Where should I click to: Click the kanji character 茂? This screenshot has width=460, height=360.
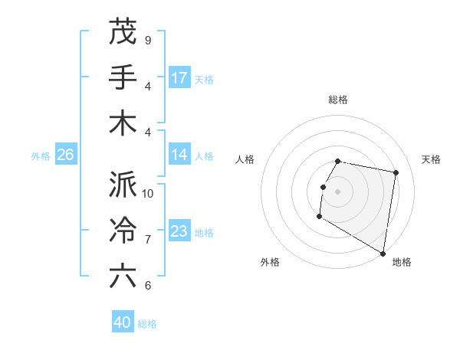(123, 32)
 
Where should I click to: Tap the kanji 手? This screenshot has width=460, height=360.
(123, 77)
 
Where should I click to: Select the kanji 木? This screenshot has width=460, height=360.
(123, 123)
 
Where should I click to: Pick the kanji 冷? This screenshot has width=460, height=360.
(123, 231)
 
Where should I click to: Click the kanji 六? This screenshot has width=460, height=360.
(123, 277)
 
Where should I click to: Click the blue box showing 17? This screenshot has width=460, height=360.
(179, 78)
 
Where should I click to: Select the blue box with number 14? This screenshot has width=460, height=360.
(179, 155)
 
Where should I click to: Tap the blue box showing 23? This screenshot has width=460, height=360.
(179, 231)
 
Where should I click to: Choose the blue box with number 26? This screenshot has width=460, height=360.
(65, 155)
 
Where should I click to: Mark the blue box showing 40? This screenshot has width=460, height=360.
(123, 322)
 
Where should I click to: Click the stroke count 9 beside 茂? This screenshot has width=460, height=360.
(147, 40)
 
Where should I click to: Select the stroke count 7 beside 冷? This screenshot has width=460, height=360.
(147, 239)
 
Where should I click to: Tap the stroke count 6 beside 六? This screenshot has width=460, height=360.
(147, 285)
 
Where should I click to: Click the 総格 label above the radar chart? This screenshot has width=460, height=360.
(338, 100)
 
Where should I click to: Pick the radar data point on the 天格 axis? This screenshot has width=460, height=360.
(396, 173)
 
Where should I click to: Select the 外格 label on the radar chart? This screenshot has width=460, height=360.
(270, 263)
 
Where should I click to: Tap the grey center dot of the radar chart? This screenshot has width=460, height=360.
(337, 191)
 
